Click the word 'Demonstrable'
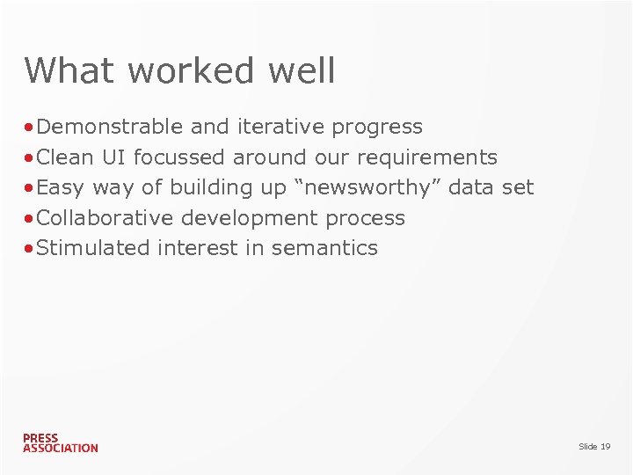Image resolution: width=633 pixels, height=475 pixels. pyautogui.click(x=110, y=127)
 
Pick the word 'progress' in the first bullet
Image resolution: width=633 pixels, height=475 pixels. pyautogui.click(x=377, y=128)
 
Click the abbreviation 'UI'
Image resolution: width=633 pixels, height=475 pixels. pyautogui.click(x=113, y=157)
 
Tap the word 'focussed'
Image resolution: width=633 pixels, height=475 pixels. pyautogui.click(x=180, y=157)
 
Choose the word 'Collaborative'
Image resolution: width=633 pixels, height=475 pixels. pyautogui.click(x=105, y=217)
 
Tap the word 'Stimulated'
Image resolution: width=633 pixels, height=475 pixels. pyautogui.click(x=94, y=248)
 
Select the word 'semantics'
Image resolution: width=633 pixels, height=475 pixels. pyautogui.click(x=324, y=248)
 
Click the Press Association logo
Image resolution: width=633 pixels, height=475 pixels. pyautogui.click(x=61, y=442)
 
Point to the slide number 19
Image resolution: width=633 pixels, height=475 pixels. pyautogui.click(x=594, y=447)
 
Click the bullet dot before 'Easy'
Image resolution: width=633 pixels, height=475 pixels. pyautogui.click(x=30, y=188)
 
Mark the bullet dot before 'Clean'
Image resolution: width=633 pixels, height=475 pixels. pyautogui.click(x=30, y=158)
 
